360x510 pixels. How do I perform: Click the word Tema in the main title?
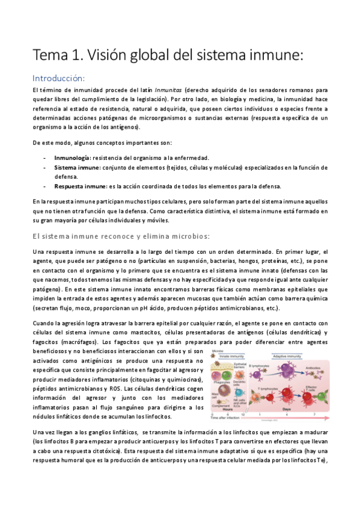[50, 56]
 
